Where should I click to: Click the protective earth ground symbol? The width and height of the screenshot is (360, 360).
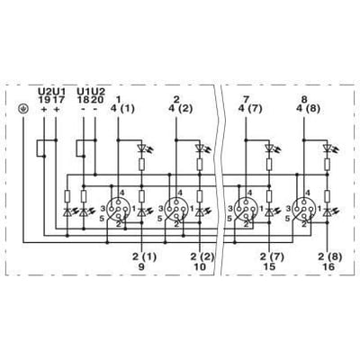coord(23,109)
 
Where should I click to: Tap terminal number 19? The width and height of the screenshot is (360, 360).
coord(44,100)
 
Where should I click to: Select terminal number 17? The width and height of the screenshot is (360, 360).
coord(56,100)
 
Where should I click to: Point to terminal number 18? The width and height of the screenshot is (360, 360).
coord(83,100)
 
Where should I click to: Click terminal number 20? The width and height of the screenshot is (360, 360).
coord(95,100)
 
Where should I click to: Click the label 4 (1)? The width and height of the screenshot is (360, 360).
coord(122,109)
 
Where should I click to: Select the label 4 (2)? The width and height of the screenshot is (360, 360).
coord(180,109)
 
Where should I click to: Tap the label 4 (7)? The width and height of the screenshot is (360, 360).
coord(250,109)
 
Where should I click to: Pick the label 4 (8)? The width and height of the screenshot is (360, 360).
coord(308,109)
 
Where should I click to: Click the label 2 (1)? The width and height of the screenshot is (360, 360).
coord(144,256)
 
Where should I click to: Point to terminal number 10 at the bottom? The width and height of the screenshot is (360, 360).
coord(200,266)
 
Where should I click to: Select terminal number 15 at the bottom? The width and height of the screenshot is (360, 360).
coord(269,266)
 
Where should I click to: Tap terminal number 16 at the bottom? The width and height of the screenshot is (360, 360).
coord(328,266)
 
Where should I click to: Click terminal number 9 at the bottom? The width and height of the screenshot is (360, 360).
coord(141,266)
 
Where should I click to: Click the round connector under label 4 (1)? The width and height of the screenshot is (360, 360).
coord(119,209)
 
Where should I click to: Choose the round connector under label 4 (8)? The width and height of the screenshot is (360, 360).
coord(304,209)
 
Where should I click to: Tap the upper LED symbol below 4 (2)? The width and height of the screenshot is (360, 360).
coord(200,148)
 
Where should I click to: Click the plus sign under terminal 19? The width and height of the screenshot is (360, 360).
coord(44,110)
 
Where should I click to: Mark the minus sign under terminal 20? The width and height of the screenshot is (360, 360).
coord(95,110)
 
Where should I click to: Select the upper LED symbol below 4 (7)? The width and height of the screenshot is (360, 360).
coord(270,148)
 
